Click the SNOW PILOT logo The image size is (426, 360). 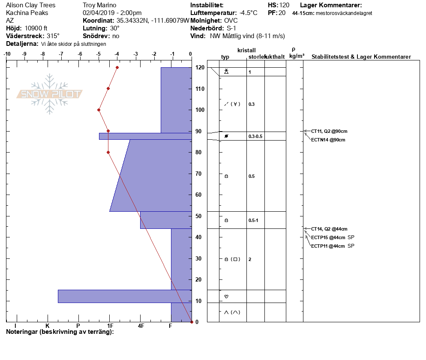[49, 94]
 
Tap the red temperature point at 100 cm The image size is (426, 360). [99, 110]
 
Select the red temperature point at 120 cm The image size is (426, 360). [117, 68]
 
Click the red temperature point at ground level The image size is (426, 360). [192, 322]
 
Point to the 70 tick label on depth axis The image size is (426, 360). [198, 174]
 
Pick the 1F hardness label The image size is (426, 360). [110, 326]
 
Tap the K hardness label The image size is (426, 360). [47, 326]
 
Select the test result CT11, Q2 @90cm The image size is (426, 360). [329, 131]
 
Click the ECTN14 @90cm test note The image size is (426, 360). [328, 140]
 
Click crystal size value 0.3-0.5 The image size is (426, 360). [255, 136]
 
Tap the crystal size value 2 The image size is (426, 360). [250, 259]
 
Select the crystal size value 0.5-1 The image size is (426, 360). [253, 220]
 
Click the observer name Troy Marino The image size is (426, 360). [99, 5]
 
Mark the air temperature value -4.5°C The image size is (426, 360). [248, 13]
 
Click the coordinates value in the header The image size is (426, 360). [153, 21]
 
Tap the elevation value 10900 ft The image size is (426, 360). [36, 28]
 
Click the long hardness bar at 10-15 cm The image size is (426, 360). [125, 297]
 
